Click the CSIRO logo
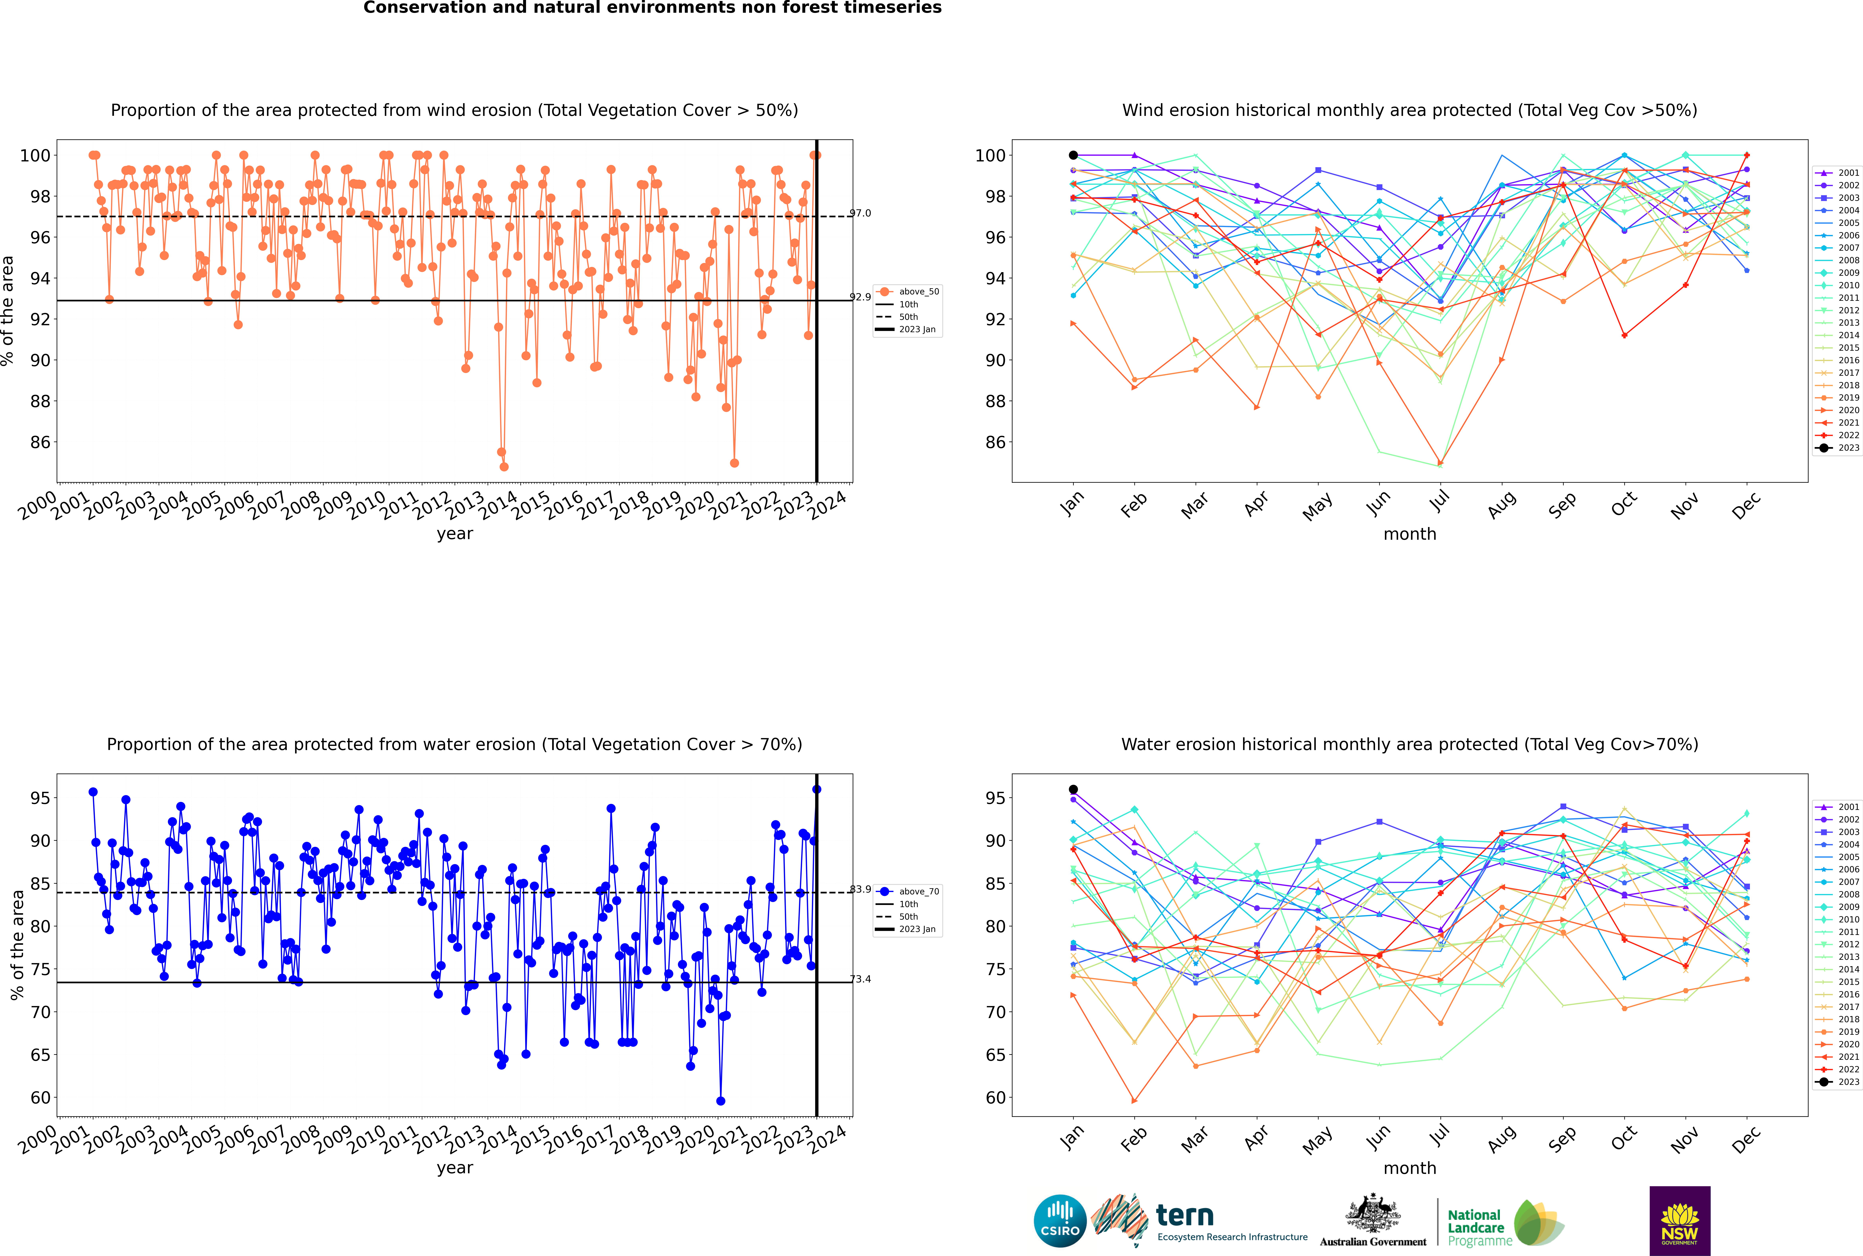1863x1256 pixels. pos(1060,1221)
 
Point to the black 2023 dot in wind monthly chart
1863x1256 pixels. pos(1073,155)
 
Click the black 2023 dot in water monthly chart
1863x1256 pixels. pos(1073,790)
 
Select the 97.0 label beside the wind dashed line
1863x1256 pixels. pos(860,213)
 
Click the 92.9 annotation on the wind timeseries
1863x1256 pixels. pos(860,297)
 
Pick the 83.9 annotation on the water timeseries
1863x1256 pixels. pos(860,889)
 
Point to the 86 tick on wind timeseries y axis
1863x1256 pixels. pos(40,442)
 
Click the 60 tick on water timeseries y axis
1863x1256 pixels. pos(40,1098)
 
